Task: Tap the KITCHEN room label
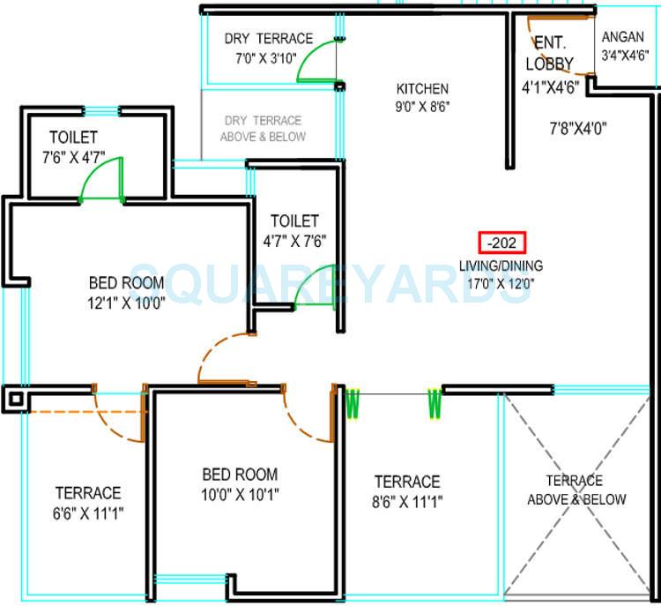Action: coord(422,89)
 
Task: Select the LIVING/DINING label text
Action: coord(501,266)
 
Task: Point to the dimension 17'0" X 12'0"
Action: coord(501,283)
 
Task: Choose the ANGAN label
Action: coord(624,38)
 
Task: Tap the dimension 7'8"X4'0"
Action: coord(577,128)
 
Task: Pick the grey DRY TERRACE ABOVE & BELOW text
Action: coord(264,128)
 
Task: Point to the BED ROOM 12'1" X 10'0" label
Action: coord(127,292)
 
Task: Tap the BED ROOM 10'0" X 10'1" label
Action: coord(240,483)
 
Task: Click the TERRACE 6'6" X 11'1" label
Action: coord(88,502)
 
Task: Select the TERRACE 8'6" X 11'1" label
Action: coord(407,491)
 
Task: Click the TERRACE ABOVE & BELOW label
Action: coord(576,490)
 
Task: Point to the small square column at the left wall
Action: coord(15,399)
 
